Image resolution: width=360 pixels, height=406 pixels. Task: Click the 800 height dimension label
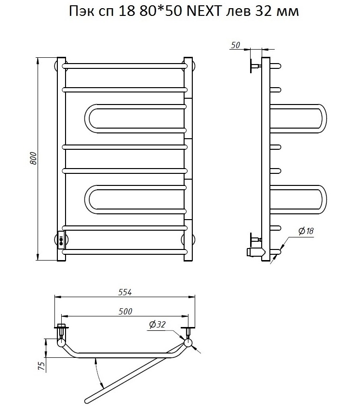point(33,158)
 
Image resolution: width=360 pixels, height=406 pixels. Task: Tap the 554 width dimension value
point(125,292)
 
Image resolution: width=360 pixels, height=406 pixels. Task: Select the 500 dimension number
point(125,311)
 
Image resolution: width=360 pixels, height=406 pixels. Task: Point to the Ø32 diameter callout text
point(157,325)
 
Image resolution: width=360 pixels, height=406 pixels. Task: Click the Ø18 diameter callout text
point(306,231)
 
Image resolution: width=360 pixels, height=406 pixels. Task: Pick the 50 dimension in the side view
point(235,45)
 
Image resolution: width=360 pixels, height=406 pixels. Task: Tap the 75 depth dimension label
point(41,366)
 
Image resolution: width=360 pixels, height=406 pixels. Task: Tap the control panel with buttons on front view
point(61,239)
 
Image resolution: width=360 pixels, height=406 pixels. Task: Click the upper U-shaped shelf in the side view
point(298,118)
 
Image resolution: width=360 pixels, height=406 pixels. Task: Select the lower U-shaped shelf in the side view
point(298,200)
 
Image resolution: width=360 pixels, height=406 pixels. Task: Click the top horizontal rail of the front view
point(124,66)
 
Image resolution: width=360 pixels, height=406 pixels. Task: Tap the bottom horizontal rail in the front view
point(124,252)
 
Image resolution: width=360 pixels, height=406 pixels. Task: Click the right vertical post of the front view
point(188,159)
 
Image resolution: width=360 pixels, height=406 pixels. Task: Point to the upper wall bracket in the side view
point(255,66)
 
